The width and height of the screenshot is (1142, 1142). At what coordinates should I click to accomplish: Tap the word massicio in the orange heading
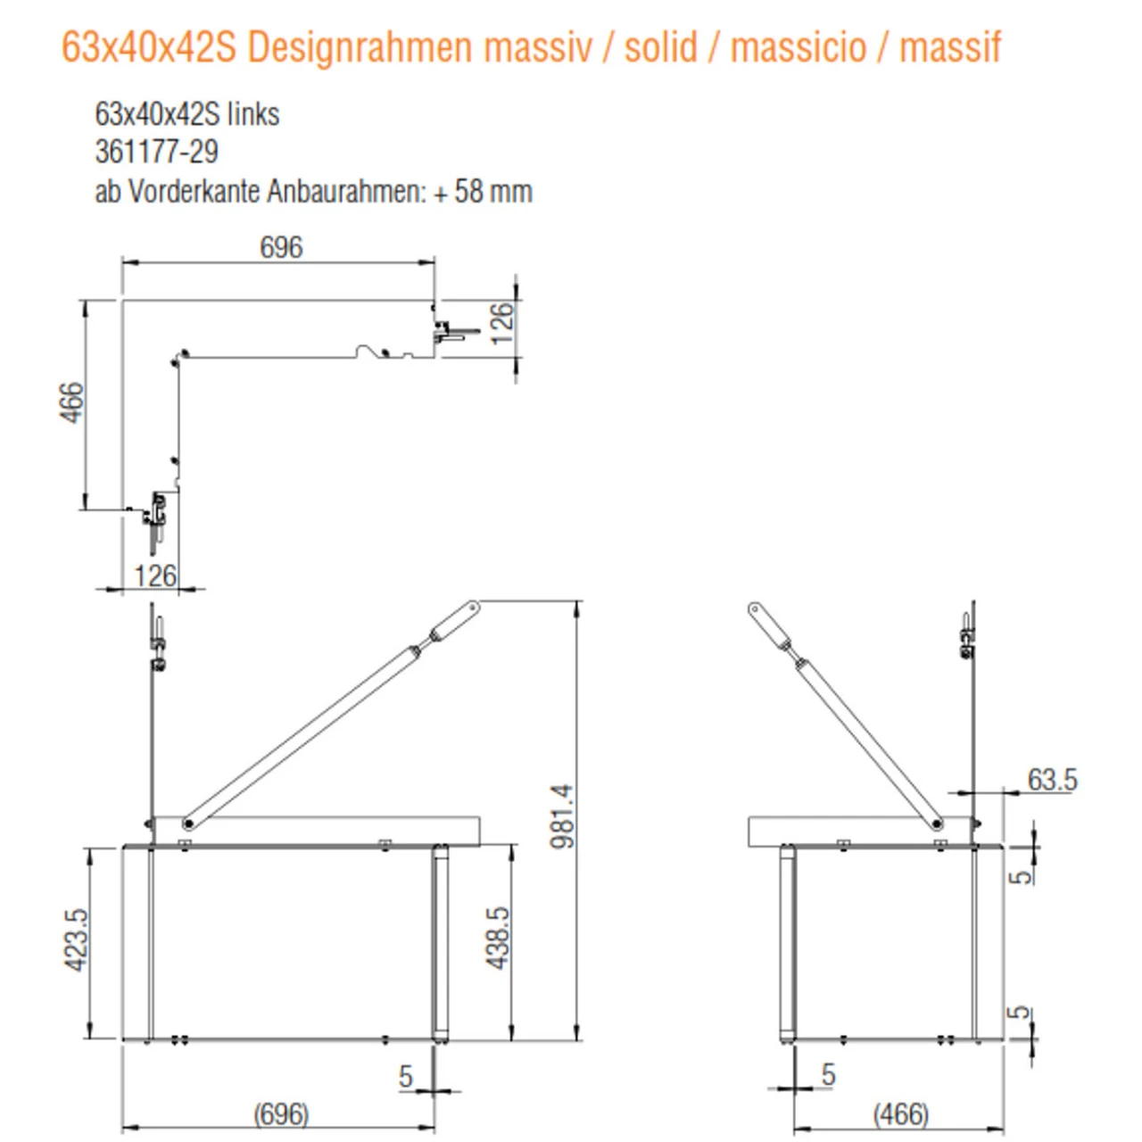click(798, 47)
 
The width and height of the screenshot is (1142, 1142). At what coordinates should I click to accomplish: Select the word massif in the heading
click(950, 47)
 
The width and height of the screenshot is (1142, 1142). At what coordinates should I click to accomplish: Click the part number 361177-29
click(156, 152)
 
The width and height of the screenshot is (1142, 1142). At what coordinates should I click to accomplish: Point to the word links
click(253, 114)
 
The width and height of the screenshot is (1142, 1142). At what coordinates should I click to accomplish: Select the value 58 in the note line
click(470, 192)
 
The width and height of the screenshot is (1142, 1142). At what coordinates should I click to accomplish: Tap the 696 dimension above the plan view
click(281, 247)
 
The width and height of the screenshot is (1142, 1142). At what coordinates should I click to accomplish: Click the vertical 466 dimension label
click(71, 402)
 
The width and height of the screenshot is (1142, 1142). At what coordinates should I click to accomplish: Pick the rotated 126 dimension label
click(502, 323)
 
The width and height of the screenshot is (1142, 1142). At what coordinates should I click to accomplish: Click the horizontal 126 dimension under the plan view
click(155, 575)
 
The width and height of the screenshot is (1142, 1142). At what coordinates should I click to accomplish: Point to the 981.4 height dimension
click(563, 815)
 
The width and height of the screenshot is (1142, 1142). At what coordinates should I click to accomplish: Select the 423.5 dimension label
click(76, 939)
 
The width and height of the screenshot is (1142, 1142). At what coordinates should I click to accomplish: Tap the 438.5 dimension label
click(498, 938)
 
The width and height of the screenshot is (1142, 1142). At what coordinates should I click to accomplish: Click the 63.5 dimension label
click(1052, 780)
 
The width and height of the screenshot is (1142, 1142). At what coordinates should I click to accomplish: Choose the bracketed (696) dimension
click(281, 1114)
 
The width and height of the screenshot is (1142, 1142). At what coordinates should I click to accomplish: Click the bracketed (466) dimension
click(900, 1114)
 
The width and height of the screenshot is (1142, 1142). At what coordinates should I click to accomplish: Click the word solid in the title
click(661, 47)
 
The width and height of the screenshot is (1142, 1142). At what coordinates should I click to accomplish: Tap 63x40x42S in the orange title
click(148, 47)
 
